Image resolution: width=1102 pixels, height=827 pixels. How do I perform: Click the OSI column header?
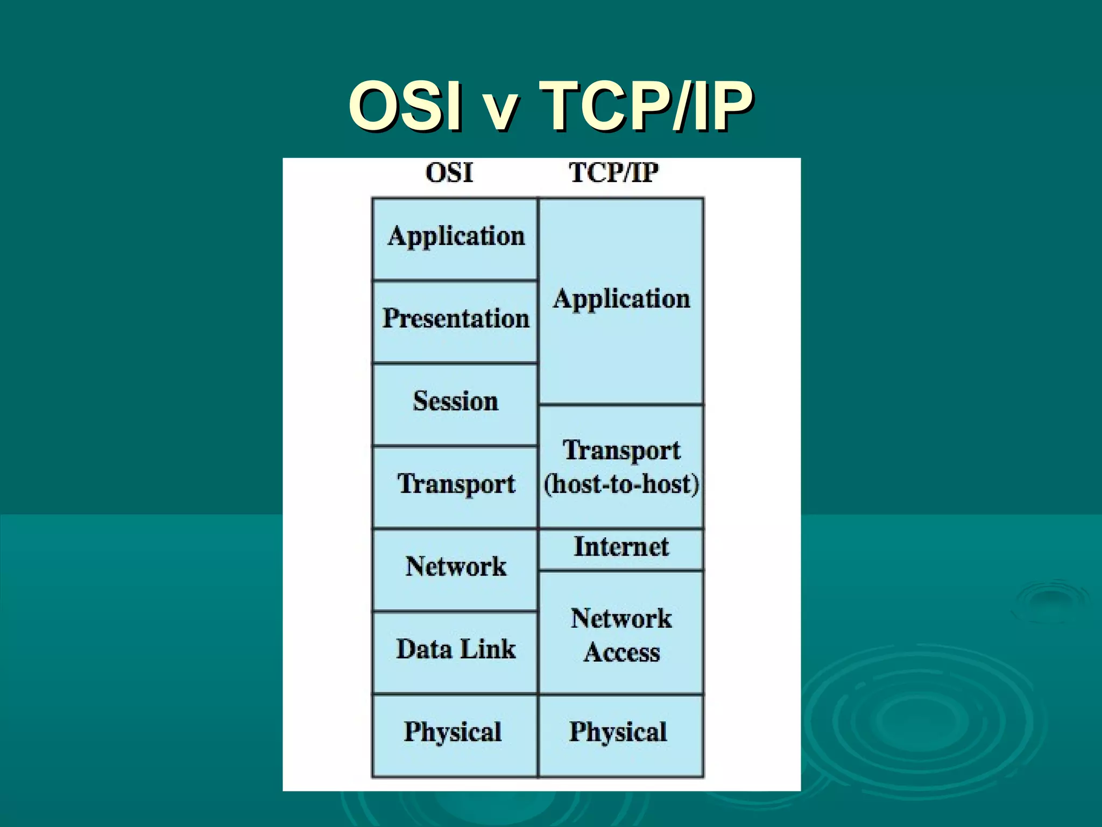click(x=449, y=173)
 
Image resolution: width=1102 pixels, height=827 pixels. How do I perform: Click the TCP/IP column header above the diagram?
click(x=614, y=173)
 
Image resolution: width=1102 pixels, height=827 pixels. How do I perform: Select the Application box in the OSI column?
click(x=455, y=239)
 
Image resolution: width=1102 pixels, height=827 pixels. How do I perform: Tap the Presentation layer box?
click(x=455, y=321)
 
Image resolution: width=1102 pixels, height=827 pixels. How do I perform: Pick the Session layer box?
click(x=455, y=404)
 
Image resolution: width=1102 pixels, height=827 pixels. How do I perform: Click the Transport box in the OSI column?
click(x=455, y=487)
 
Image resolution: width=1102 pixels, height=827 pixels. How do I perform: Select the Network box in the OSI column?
click(x=455, y=570)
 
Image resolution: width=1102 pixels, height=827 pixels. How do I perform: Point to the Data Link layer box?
click(x=455, y=652)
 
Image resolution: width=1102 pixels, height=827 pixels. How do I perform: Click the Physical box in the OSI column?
click(x=455, y=735)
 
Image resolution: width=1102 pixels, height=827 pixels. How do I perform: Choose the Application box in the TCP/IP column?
click(x=621, y=301)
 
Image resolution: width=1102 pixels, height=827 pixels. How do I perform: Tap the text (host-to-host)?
click(x=621, y=484)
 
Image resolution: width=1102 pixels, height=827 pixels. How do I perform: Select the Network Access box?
click(x=621, y=633)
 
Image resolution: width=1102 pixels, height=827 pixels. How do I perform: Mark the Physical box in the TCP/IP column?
click(x=621, y=735)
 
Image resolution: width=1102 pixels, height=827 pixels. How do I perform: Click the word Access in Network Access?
click(x=622, y=652)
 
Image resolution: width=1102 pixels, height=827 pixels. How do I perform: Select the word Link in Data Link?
click(x=488, y=648)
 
